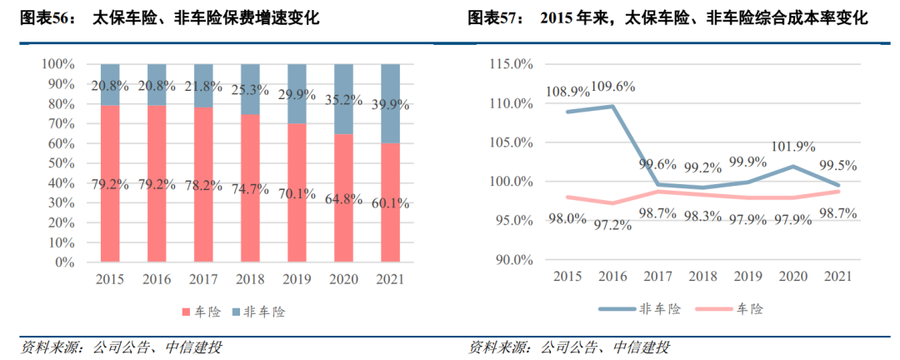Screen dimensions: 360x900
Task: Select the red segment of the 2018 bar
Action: (251, 208)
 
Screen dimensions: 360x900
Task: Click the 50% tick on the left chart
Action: (61, 163)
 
